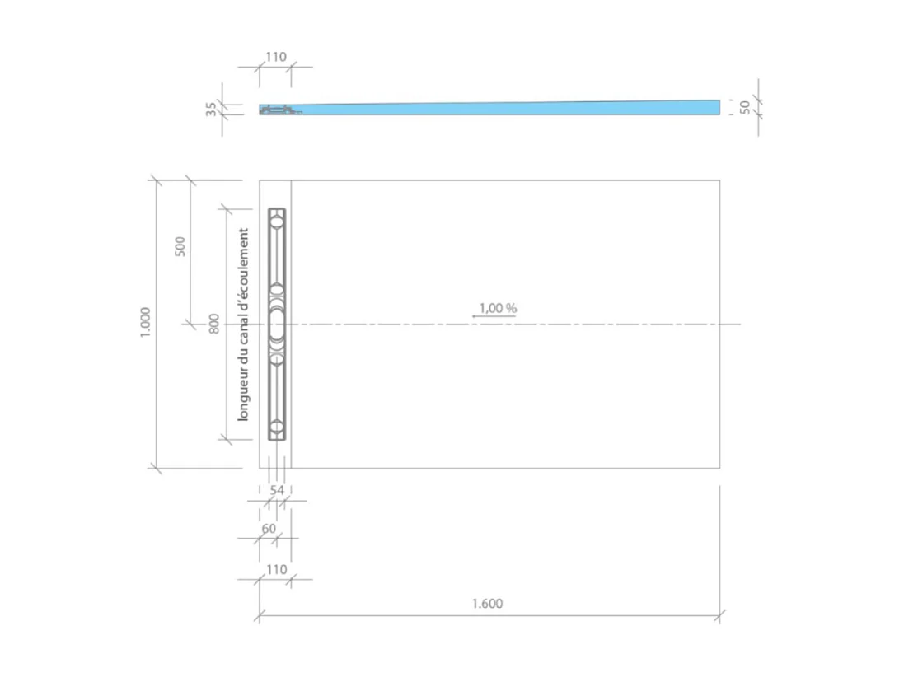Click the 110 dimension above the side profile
click(275, 57)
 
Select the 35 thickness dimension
click(211, 109)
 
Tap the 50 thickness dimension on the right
click(745, 107)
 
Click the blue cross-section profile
click(511, 109)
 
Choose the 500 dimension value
click(180, 245)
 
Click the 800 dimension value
click(214, 323)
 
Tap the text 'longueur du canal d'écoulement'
click(243, 324)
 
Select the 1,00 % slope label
click(498, 307)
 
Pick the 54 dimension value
click(277, 490)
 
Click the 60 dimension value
click(269, 528)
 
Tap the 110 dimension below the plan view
click(275, 569)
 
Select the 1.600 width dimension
click(487, 603)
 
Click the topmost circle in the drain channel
click(278, 221)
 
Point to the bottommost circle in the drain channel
click(278, 427)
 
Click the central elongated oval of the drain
click(277, 324)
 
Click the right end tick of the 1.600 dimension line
click(719, 614)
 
